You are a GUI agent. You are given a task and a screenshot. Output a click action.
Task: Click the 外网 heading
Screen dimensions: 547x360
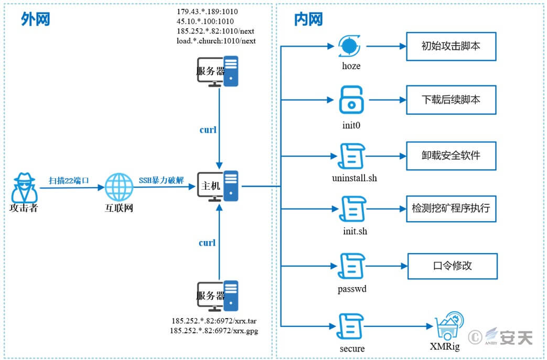tap(36, 19)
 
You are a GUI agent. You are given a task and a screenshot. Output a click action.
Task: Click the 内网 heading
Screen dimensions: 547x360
tap(308, 19)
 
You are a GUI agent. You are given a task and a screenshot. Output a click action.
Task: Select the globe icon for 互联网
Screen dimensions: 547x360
tap(119, 187)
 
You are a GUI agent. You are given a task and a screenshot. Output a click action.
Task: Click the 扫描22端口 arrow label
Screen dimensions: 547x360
tap(69, 180)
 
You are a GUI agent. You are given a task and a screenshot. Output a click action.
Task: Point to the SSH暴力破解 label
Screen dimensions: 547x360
tap(161, 180)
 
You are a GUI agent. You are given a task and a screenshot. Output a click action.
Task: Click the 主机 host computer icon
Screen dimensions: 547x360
tap(218, 186)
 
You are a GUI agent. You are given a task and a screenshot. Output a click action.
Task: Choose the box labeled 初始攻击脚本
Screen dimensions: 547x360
tap(451, 46)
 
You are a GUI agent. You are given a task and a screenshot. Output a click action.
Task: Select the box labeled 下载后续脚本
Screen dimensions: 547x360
tap(451, 100)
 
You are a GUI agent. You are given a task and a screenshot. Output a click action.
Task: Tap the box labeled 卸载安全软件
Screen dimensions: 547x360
tap(451, 156)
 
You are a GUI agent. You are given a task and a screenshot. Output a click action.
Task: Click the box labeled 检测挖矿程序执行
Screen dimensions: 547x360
tap(451, 209)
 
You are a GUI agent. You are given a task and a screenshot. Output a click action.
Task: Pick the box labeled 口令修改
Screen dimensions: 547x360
tap(453, 266)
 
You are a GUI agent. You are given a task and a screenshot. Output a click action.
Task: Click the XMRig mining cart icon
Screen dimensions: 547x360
tap(449, 326)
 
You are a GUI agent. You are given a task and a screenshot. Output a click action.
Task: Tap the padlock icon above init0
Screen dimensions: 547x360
tap(351, 100)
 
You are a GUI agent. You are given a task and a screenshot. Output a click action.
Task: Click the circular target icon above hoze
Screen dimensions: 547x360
tap(349, 46)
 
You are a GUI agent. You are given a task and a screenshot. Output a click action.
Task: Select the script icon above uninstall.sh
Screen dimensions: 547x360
tap(351, 156)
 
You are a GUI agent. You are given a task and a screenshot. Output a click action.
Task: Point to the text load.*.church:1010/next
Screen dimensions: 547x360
tap(216, 41)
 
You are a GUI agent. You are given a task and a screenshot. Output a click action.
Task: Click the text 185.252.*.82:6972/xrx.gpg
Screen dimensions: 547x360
tap(214, 330)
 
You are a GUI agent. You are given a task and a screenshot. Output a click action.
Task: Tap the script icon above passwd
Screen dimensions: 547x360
tap(351, 266)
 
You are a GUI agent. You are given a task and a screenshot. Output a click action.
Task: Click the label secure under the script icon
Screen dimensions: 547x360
tap(352, 348)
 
